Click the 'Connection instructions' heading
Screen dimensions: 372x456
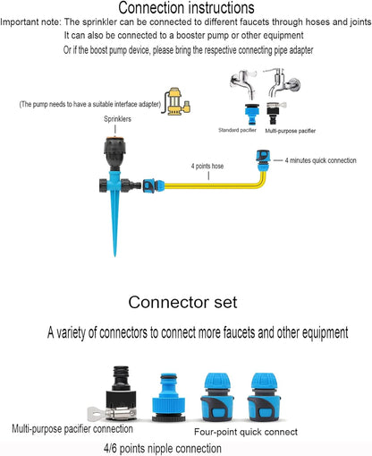[186, 8]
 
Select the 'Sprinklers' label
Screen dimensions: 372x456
[117, 119]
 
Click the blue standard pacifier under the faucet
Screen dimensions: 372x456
[252, 114]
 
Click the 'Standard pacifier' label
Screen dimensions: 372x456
[237, 130]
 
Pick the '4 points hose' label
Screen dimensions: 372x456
[207, 166]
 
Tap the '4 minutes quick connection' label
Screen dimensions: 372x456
[320, 160]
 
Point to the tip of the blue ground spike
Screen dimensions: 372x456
[115, 256]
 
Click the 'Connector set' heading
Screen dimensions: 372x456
[182, 302]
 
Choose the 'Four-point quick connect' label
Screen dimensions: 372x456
[246, 432]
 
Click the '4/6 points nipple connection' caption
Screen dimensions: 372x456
[163, 448]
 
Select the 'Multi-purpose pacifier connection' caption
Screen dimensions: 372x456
[72, 429]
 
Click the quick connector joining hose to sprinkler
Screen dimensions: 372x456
[153, 185]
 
